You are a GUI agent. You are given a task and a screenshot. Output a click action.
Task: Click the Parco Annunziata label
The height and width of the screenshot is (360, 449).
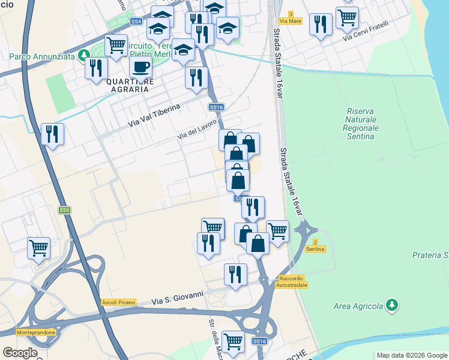tap(41, 57)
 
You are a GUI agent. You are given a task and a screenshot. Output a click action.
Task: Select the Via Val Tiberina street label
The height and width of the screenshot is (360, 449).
tap(154, 116)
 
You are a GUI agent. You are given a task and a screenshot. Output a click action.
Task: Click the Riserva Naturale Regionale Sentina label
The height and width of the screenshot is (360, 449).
tap(363, 124)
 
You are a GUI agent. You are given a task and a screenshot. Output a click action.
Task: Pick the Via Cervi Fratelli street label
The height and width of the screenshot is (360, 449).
tap(366, 31)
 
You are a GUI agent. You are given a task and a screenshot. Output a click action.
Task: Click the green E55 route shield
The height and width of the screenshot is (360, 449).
tap(64, 210)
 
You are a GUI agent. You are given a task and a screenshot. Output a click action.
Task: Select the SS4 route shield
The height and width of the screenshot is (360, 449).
tap(136, 22)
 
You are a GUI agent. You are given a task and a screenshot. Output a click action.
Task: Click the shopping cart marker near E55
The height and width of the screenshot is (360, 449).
tap(38, 247)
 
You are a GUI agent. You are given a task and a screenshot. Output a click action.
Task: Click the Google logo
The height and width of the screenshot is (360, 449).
tap(19, 353)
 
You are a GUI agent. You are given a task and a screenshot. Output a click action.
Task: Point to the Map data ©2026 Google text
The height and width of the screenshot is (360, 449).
tap(412, 355)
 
